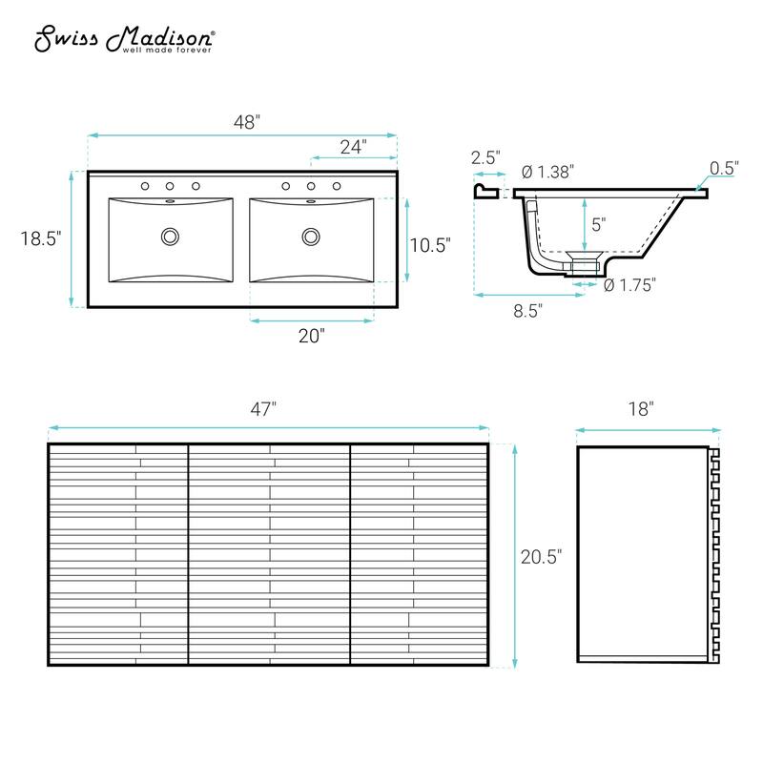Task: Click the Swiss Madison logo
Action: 125,40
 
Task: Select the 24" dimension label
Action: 353,146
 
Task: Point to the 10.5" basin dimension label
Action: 429,244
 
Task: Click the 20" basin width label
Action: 312,335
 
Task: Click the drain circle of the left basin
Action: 171,235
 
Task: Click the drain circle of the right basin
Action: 311,235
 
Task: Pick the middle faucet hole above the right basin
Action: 311,186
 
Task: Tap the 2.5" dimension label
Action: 485,158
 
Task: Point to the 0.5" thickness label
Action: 724,168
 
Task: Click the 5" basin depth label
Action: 598,226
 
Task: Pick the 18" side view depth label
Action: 641,409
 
